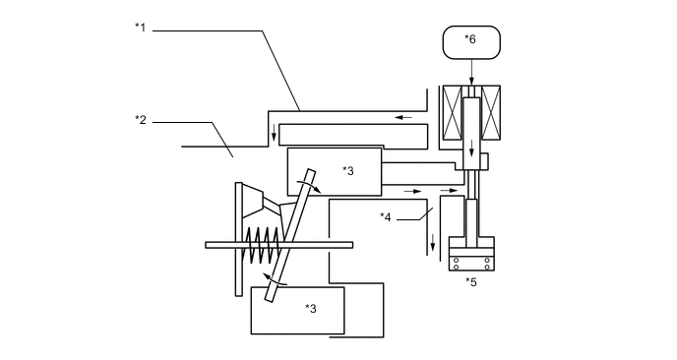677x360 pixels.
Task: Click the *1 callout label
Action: pyautogui.click(x=140, y=28)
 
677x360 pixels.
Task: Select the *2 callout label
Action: pyautogui.click(x=140, y=119)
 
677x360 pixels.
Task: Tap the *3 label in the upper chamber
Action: pyautogui.click(x=347, y=170)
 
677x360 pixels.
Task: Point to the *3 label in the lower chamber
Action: pyautogui.click(x=310, y=308)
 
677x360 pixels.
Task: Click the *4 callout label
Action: pyautogui.click(x=387, y=215)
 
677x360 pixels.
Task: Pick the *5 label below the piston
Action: pyautogui.click(x=471, y=282)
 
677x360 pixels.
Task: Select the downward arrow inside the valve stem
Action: pyautogui.click(x=472, y=151)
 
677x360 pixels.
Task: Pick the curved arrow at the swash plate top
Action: pyautogui.click(x=313, y=184)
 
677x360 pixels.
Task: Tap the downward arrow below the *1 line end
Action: pyautogui.click(x=274, y=135)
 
